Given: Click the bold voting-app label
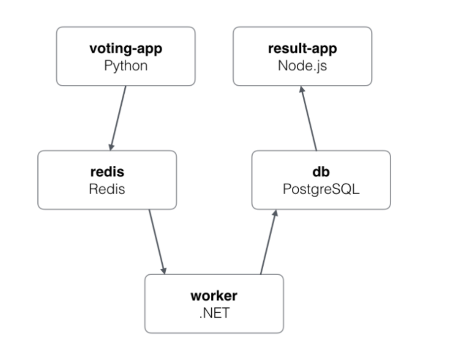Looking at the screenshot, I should [125, 50].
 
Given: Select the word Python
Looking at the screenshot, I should [125, 66].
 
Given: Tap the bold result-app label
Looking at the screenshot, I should [302, 50].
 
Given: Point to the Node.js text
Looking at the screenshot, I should [302, 66].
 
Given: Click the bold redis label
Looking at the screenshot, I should [107, 173].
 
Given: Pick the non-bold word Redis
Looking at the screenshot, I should [107, 189].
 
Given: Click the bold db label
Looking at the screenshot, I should [321, 173].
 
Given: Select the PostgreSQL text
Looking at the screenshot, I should [321, 189].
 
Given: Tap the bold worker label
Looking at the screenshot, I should [214, 296].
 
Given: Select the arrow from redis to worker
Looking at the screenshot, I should [157, 241].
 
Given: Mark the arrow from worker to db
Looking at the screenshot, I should [268, 241].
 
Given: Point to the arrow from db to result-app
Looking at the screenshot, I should [309, 118].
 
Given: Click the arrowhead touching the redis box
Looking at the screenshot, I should [111, 146].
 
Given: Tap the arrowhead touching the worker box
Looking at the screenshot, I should [163, 270].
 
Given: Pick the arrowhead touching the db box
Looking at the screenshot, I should [274, 214].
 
